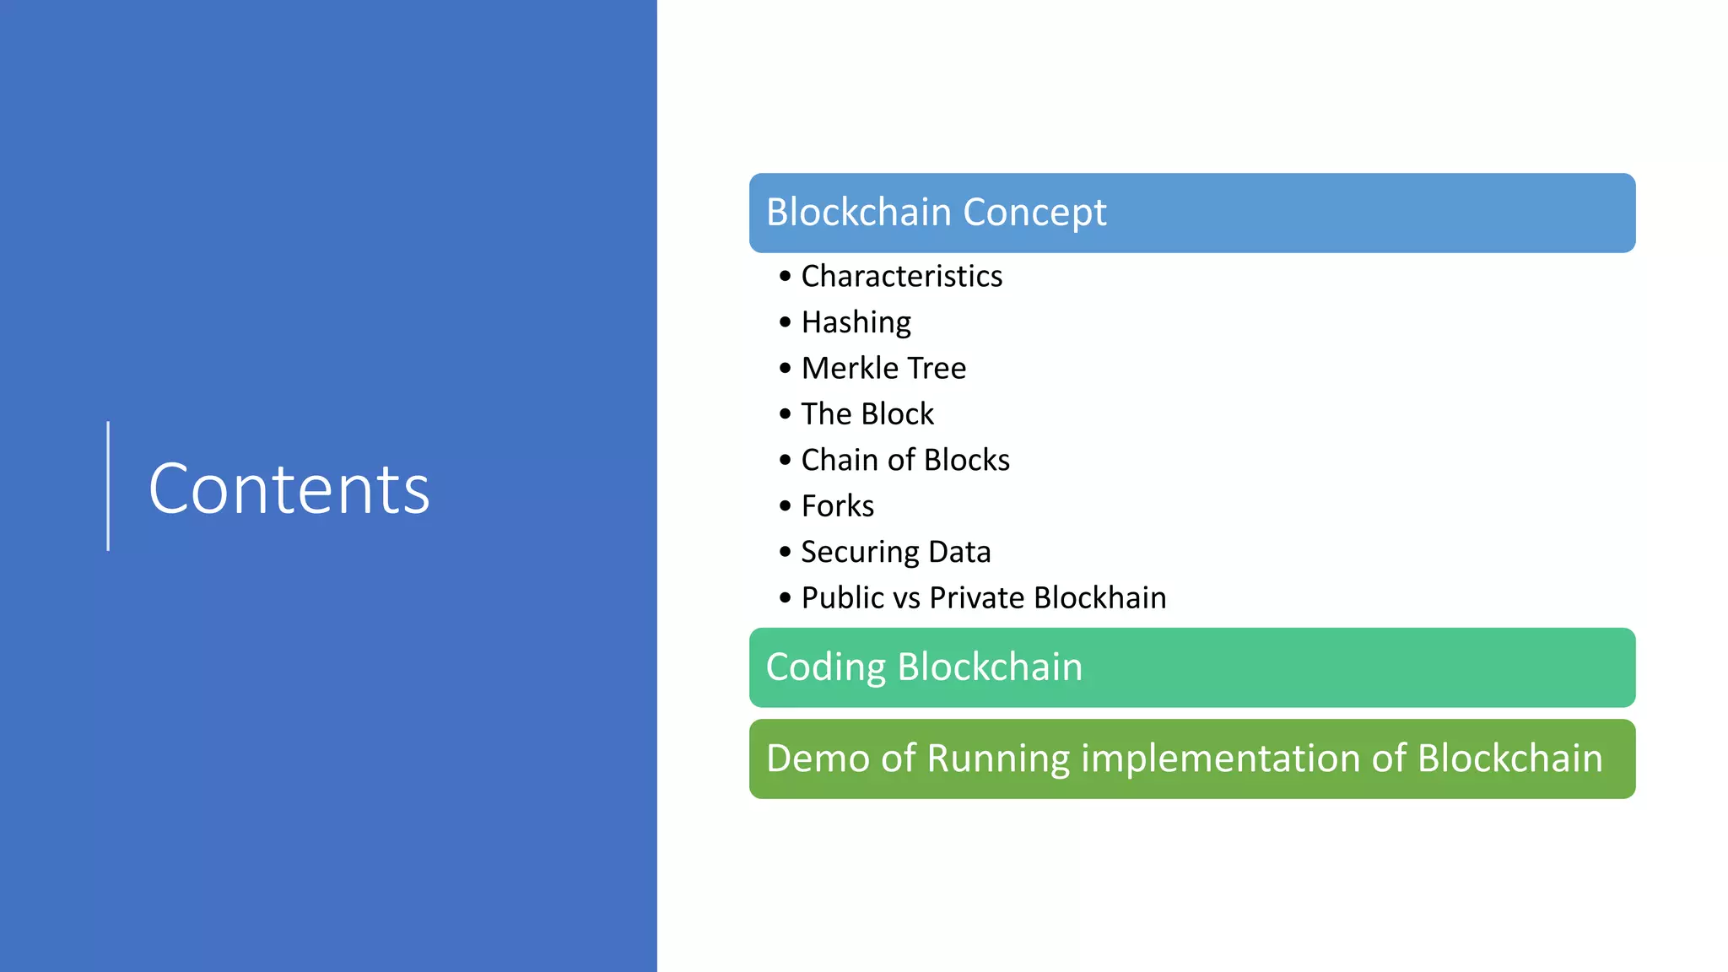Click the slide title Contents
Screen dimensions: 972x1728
click(x=289, y=489)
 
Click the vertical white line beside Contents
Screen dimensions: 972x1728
click(x=108, y=486)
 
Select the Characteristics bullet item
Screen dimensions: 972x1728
click(x=901, y=277)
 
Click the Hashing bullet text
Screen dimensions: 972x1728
click(x=856, y=322)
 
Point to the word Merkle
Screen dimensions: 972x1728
click(x=850, y=368)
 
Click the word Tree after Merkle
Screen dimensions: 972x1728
click(x=937, y=368)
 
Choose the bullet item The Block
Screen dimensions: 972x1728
click(x=867, y=414)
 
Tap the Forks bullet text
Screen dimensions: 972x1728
click(x=837, y=506)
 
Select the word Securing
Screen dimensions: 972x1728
click(x=860, y=553)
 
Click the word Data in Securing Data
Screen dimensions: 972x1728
click(x=959, y=552)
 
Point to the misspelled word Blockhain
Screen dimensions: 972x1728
click(x=1100, y=598)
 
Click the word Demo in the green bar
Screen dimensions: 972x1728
click(x=818, y=758)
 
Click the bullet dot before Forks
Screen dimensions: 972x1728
click(x=786, y=506)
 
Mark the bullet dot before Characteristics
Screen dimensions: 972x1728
click(x=786, y=277)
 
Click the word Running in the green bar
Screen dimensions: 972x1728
click(x=998, y=759)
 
